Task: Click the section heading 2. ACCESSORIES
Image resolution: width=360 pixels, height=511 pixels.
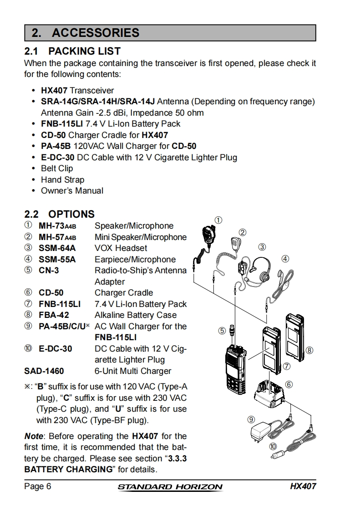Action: tap(86, 33)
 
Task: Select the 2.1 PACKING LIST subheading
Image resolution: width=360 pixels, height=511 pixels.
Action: tap(72, 51)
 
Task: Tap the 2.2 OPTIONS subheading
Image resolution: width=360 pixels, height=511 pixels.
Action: tap(59, 214)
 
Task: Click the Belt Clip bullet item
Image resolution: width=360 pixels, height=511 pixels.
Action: tap(57, 169)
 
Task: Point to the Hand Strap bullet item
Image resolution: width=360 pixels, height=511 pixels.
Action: tap(62, 179)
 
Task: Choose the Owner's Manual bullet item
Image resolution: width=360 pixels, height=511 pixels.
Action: tap(72, 191)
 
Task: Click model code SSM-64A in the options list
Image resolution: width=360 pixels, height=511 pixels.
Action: tap(57, 248)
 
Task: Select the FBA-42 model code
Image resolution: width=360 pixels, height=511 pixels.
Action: tap(54, 315)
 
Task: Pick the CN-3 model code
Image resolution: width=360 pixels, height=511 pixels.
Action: tap(49, 271)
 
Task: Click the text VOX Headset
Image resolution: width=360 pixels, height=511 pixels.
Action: tap(121, 248)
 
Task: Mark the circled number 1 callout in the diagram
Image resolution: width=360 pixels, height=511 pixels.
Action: tap(218, 220)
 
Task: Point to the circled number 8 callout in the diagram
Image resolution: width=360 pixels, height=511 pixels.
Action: tap(309, 350)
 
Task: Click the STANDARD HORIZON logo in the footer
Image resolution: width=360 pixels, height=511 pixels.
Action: tap(170, 487)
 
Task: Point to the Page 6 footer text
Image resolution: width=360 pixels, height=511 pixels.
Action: tap(37, 486)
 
